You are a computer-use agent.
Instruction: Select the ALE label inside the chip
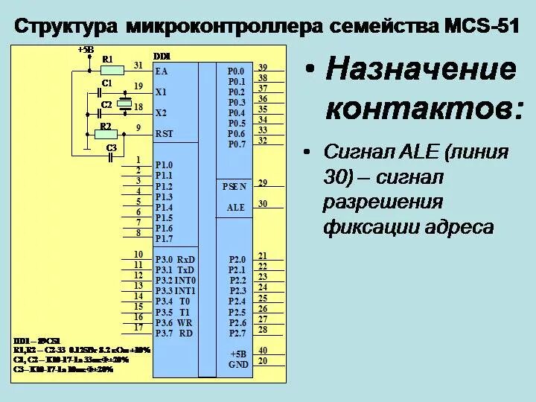236,208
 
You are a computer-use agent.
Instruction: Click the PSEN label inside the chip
234,186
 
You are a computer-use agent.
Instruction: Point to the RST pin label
164,133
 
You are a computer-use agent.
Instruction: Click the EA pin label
162,71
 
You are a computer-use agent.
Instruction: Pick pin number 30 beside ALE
262,204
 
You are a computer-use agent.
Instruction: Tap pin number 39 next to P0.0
262,68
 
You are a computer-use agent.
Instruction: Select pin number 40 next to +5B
262,351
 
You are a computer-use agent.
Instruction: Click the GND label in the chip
238,365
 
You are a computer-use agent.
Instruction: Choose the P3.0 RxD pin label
175,260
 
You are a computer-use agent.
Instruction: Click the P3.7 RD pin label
175,333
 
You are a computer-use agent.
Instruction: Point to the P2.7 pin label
237,333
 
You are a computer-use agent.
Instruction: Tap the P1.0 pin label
164,165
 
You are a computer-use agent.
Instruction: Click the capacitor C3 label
112,148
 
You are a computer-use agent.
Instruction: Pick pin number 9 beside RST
138,128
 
